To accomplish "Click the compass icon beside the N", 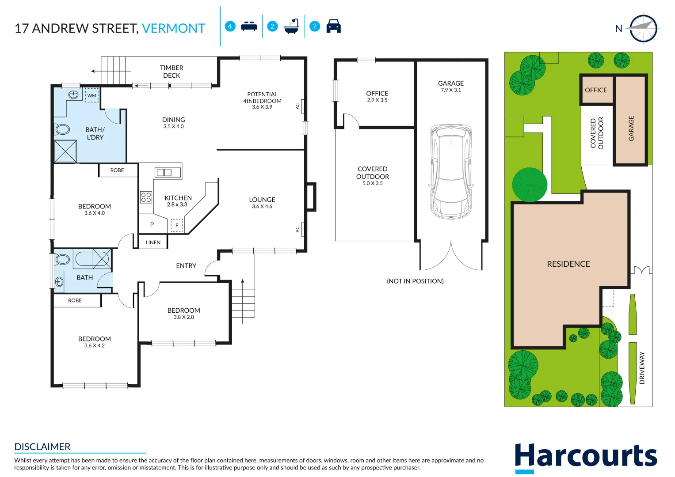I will (643, 29).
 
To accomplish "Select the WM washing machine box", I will (92, 95).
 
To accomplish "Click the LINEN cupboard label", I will (153, 242).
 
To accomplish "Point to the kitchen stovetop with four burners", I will (146, 197).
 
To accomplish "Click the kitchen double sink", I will (164, 172).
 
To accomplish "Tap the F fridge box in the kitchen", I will (177, 225).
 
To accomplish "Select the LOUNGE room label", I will (262, 200).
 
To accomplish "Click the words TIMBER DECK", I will (172, 72).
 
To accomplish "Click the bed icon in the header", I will (249, 26).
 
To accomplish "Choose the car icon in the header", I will (333, 26).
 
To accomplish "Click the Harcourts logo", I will (586, 457).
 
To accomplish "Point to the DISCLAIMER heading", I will (42, 447).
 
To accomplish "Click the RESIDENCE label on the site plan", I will (568, 264).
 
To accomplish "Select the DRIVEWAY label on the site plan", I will (642, 368).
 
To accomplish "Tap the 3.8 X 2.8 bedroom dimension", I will (183, 317).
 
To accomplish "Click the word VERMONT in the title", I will (173, 28).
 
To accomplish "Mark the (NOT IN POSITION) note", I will (415, 281).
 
